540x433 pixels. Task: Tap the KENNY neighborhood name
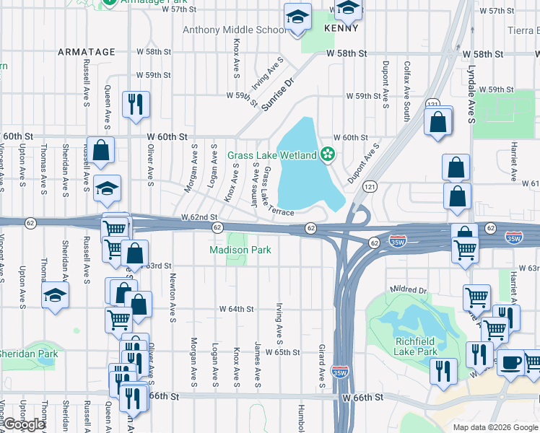coord(341,28)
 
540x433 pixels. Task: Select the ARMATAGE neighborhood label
coord(86,52)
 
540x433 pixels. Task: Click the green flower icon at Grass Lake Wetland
coord(328,154)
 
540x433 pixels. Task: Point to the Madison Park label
coord(240,250)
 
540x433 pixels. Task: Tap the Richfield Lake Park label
coord(416,346)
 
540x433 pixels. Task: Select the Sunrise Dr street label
coord(279,93)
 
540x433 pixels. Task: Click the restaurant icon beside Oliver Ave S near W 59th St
coord(136,104)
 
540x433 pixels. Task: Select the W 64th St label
coord(237,309)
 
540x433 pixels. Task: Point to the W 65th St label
coord(282,352)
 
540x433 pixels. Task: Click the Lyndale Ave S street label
coord(470,95)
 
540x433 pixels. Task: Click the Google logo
coord(24,424)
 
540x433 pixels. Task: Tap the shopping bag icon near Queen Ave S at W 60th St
coord(101,150)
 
